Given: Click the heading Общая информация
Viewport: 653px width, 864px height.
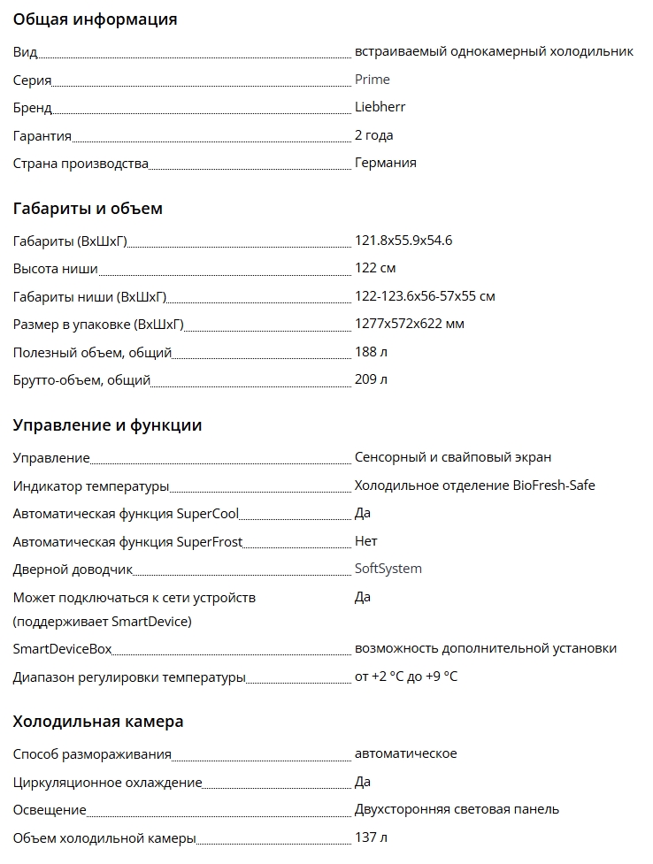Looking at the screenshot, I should pyautogui.click(x=95, y=19).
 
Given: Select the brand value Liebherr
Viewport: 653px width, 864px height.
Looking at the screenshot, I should pyautogui.click(x=380, y=107).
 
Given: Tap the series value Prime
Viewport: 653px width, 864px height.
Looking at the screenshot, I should pyautogui.click(x=372, y=80).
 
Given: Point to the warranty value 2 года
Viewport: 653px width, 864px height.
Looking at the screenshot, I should pyautogui.click(x=373, y=135).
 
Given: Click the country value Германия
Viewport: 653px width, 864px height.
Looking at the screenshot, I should pyautogui.click(x=385, y=163).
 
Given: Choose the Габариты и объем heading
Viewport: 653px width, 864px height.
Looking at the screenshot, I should pyautogui.click(x=88, y=209).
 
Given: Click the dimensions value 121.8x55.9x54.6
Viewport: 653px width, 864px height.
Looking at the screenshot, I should pyautogui.click(x=403, y=241).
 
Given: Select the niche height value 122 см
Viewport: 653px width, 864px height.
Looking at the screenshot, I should pyautogui.click(x=375, y=268).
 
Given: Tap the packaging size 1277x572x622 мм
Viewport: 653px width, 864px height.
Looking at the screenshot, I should pyautogui.click(x=409, y=324).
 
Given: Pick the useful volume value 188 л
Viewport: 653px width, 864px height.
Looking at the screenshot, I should pyautogui.click(x=371, y=352).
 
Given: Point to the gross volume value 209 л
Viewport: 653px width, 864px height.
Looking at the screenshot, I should pyautogui.click(x=371, y=379).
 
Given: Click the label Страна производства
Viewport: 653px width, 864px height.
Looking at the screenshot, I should pyautogui.click(x=81, y=164).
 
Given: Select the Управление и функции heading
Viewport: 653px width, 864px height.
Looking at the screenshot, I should pyautogui.click(x=107, y=425).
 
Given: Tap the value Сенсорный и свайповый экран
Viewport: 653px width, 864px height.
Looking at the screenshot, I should pyautogui.click(x=452, y=457).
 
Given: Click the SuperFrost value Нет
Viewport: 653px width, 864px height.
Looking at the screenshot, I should pyautogui.click(x=365, y=541).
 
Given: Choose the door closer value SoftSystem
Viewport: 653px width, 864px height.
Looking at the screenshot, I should pyautogui.click(x=388, y=569).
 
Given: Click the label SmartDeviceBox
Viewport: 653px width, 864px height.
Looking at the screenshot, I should pyautogui.click(x=62, y=649).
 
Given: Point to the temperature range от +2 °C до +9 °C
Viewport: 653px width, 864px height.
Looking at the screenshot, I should pyautogui.click(x=405, y=677).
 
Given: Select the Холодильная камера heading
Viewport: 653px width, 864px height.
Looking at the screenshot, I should pyautogui.click(x=98, y=722).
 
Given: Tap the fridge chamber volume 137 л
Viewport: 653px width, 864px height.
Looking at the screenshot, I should pyautogui.click(x=371, y=837).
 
